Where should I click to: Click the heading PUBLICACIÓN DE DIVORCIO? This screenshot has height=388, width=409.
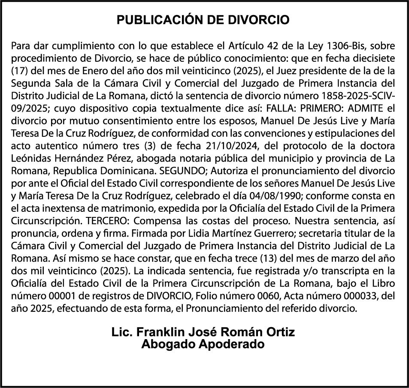[204, 20]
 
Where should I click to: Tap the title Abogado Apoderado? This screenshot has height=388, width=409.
[203, 344]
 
